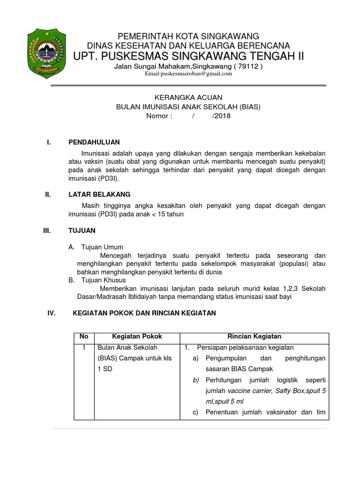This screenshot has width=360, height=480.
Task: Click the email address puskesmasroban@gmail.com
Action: pyautogui.click(x=188, y=74)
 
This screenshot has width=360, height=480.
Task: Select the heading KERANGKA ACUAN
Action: pyautogui.click(x=188, y=97)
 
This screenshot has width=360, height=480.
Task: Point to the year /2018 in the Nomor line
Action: pyautogui.click(x=221, y=116)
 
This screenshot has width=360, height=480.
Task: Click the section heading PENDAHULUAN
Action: pyautogui.click(x=94, y=142)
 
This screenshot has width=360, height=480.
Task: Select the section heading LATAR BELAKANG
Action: pyautogui.click(x=99, y=194)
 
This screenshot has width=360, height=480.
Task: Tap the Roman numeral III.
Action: pyautogui.click(x=46, y=231)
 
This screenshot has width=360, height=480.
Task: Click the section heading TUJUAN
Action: pyautogui.click(x=82, y=231)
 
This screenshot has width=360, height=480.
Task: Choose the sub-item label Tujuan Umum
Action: pyautogui.click(x=102, y=247)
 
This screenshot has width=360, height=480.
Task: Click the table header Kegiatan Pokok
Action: pyautogui.click(x=137, y=337)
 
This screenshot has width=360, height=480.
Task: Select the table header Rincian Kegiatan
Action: pyautogui.click(x=254, y=337)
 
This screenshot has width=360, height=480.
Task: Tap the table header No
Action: pyautogui.click(x=84, y=337)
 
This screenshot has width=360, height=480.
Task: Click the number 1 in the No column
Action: pyautogui.click(x=84, y=348)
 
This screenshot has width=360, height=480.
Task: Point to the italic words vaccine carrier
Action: pyautogui.click(x=249, y=390)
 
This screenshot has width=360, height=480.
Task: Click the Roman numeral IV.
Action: pyautogui.click(x=52, y=313)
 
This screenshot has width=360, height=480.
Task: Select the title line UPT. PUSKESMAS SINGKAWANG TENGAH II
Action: pyautogui.click(x=188, y=56)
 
